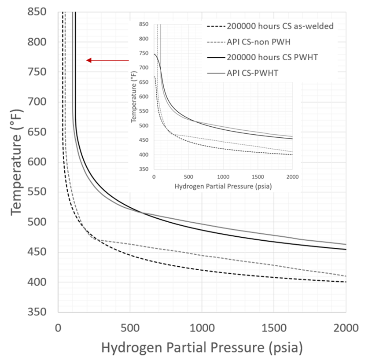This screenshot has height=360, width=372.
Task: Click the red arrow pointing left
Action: pos(107,60)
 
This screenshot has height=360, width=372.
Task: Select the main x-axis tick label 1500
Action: pos(274,328)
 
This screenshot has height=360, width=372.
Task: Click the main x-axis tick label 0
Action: pos(58,328)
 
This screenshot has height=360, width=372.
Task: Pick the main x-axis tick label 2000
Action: pos(346,328)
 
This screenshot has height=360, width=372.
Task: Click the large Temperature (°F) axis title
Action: pos(16,162)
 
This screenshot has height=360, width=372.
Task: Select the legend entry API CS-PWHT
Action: pos(250,73)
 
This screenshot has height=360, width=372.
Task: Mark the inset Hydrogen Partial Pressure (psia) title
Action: pos(223,186)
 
